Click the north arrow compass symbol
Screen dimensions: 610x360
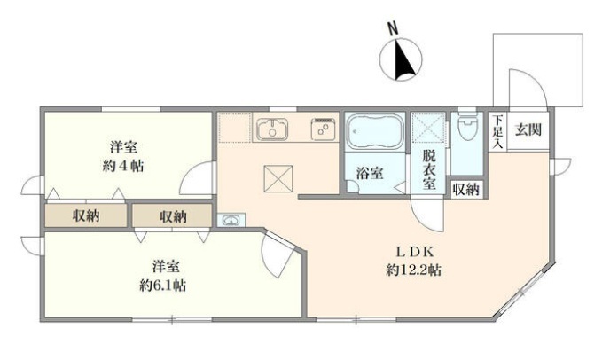[401, 60]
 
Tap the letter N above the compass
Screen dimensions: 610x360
[394, 28]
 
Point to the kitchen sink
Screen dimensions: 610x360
[272, 129]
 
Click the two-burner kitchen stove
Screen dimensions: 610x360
[324, 129]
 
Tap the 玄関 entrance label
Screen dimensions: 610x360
[528, 129]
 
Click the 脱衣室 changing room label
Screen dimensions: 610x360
[429, 169]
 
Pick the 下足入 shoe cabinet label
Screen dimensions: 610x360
[498, 132]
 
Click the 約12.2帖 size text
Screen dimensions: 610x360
[413, 270]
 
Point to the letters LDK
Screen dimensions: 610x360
[414, 252]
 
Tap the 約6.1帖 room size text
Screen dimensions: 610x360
[162, 286]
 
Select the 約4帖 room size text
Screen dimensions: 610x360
[123, 166]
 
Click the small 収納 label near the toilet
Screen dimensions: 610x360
[467, 190]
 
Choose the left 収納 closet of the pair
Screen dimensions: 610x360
[86, 215]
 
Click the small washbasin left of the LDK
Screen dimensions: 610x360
[231, 220]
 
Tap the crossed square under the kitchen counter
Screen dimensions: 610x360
[278, 178]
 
